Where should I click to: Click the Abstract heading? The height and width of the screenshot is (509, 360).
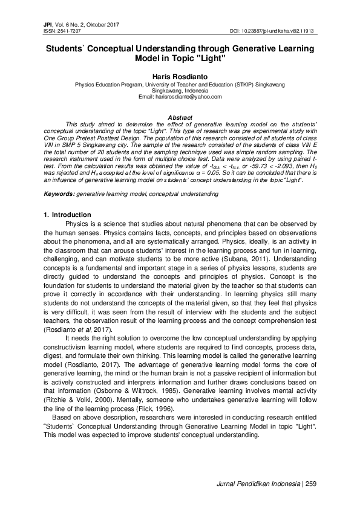click(180, 117)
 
